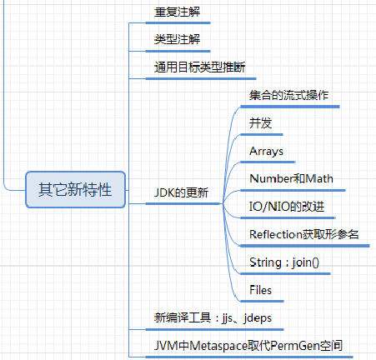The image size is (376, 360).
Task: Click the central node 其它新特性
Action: [74, 189]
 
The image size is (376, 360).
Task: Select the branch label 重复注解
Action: [178, 12]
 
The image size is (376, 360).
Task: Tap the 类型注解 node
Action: [178, 39]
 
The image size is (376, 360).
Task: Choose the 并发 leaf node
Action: [259, 123]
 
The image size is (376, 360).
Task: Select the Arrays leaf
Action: [267, 151]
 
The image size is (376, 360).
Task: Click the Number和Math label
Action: [291, 178]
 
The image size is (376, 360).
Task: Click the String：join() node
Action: [283, 262]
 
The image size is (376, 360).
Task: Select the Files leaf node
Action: [262, 290]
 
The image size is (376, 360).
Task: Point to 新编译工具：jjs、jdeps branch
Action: [213, 317]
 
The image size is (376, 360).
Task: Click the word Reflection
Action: [279, 234]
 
